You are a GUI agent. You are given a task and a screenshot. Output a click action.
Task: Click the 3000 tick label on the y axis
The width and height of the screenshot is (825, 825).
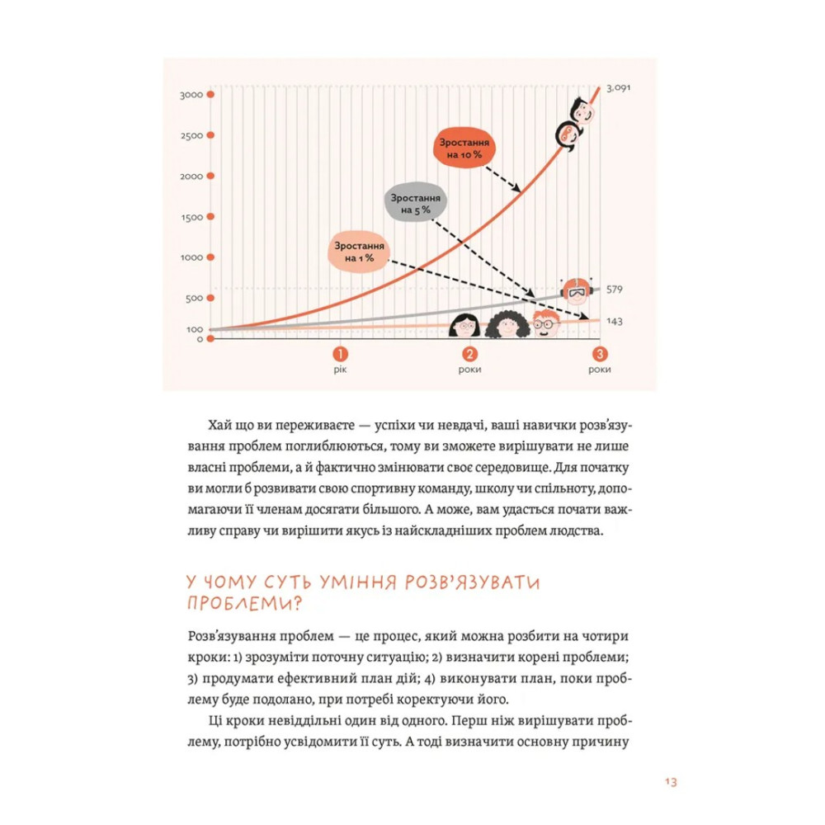[x=191, y=96]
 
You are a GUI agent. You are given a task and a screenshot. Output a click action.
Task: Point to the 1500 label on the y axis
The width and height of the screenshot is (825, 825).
[x=191, y=217]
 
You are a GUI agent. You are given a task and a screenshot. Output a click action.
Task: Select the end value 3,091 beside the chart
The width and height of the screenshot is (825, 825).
[x=619, y=88]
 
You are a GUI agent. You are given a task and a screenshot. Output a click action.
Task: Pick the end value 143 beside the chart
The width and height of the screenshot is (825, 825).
[x=614, y=322]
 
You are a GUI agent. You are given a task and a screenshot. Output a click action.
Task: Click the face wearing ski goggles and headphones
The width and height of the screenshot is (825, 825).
[x=574, y=290]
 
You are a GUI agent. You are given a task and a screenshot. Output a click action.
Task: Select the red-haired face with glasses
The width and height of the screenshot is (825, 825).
[x=543, y=324]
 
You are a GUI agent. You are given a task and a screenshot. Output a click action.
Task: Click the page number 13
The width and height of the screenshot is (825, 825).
[x=669, y=782]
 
